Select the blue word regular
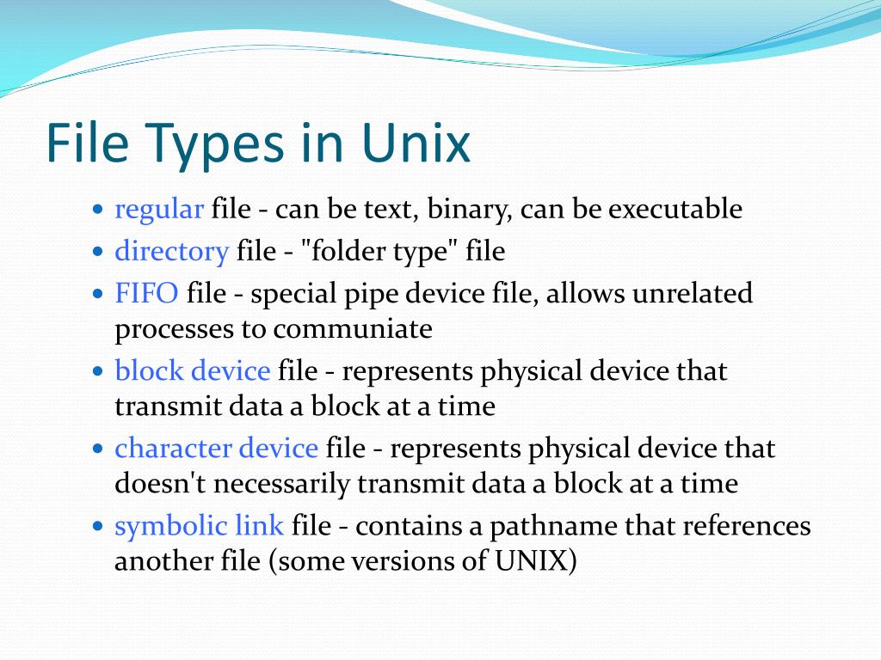(x=159, y=210)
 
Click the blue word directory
(x=171, y=252)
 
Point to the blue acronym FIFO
(x=146, y=294)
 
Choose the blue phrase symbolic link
(x=199, y=525)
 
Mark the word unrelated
(x=693, y=294)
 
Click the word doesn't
(x=160, y=483)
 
